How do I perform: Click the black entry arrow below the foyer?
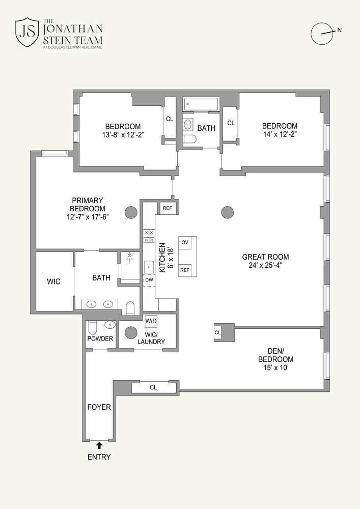point(99,445)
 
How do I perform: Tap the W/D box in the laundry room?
point(151,321)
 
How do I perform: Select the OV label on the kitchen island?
point(185,242)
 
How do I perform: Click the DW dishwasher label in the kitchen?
point(149,280)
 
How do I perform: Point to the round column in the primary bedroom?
point(131,213)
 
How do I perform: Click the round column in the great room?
point(228,213)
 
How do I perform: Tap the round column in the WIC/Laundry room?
point(131,332)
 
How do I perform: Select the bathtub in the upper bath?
point(201,104)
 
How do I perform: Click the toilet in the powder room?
point(92,328)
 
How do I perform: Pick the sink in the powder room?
point(109,325)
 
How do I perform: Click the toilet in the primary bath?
point(130,308)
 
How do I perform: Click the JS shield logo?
point(27,33)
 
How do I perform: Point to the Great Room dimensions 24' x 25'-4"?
point(265,265)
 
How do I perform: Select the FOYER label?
point(99,407)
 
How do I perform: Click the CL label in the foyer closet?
point(153,387)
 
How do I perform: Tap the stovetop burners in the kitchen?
point(149,236)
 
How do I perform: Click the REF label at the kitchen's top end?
point(167,208)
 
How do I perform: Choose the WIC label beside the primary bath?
point(53,281)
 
